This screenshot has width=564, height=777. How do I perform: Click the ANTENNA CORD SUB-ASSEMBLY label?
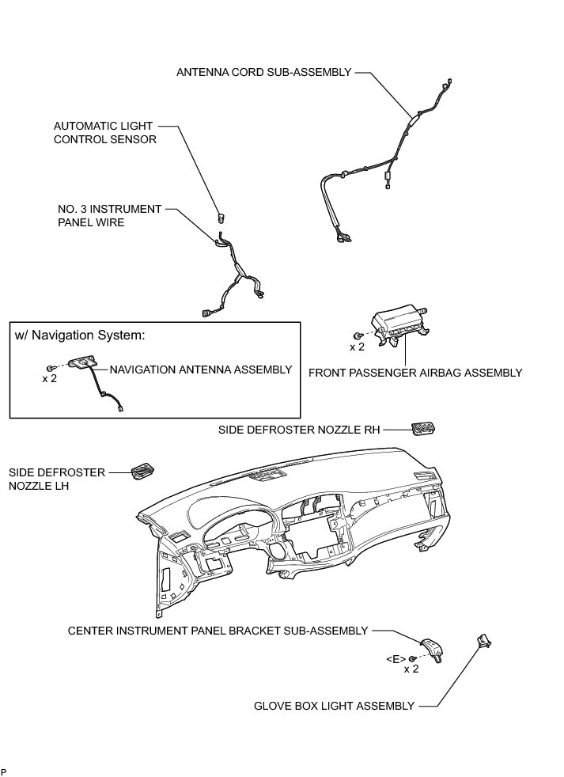coord(263,72)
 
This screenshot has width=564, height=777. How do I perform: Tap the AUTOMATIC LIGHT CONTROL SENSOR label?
coord(104,133)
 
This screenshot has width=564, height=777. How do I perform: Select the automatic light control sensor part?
coord(222,215)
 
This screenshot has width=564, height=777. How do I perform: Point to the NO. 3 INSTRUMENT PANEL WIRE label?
coord(109,216)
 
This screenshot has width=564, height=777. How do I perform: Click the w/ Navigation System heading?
coord(80,335)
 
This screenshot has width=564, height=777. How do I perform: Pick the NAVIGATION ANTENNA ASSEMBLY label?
coord(200,370)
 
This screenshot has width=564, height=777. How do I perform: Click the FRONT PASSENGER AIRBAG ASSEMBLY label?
coord(415,372)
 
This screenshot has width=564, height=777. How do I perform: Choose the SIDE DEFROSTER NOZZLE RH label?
coord(299,430)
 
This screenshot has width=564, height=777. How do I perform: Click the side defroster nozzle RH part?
coord(422,429)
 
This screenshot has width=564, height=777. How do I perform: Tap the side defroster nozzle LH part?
coord(142,470)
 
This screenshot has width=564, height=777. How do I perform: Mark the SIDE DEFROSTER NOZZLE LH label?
coord(56,479)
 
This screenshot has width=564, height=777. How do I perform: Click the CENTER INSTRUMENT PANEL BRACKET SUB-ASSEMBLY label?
coord(218,631)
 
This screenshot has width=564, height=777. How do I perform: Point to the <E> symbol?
coord(396,658)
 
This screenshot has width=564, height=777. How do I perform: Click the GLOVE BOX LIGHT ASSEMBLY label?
coord(334,706)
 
